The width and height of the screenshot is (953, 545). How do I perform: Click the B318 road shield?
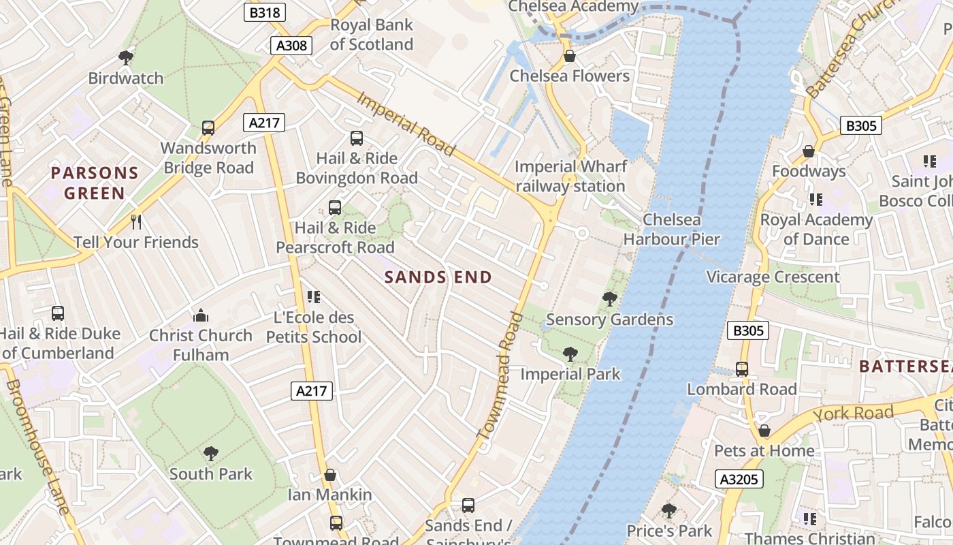tap(265, 12)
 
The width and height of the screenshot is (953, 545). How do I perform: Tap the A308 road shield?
tap(292, 46)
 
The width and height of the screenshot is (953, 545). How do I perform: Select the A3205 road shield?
tap(739, 479)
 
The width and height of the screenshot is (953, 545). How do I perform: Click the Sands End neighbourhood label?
tap(438, 277)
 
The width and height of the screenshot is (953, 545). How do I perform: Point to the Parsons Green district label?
tap(95, 183)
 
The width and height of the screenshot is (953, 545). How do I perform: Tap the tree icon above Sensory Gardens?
tap(609, 298)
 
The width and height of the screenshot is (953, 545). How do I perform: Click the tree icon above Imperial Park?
tap(570, 354)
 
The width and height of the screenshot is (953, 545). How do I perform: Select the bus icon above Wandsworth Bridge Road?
tap(208, 127)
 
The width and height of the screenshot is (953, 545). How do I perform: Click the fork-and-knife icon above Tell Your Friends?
tap(136, 221)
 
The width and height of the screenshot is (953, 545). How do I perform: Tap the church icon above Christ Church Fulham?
tap(201, 315)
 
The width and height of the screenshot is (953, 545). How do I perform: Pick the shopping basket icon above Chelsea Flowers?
tap(569, 56)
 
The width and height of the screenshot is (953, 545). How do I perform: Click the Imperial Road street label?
tap(405, 123)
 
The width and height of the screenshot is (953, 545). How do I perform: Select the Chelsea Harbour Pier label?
tap(671, 230)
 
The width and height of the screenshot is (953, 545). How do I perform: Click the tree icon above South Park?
tap(211, 453)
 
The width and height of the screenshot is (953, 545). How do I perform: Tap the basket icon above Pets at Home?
tap(764, 431)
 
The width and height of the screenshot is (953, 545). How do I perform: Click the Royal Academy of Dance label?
tap(815, 230)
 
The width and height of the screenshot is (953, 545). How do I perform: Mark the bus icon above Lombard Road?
tap(741, 369)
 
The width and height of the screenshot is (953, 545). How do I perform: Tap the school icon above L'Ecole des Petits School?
tap(313, 296)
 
